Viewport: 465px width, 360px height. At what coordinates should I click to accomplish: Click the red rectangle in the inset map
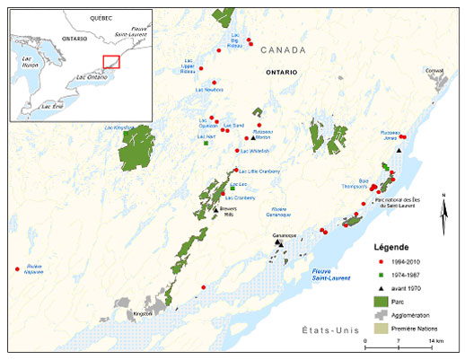pos(111,62)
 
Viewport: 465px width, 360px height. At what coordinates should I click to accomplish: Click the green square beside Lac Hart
pos(206,144)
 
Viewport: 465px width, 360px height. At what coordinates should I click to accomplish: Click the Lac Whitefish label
pos(231,153)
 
